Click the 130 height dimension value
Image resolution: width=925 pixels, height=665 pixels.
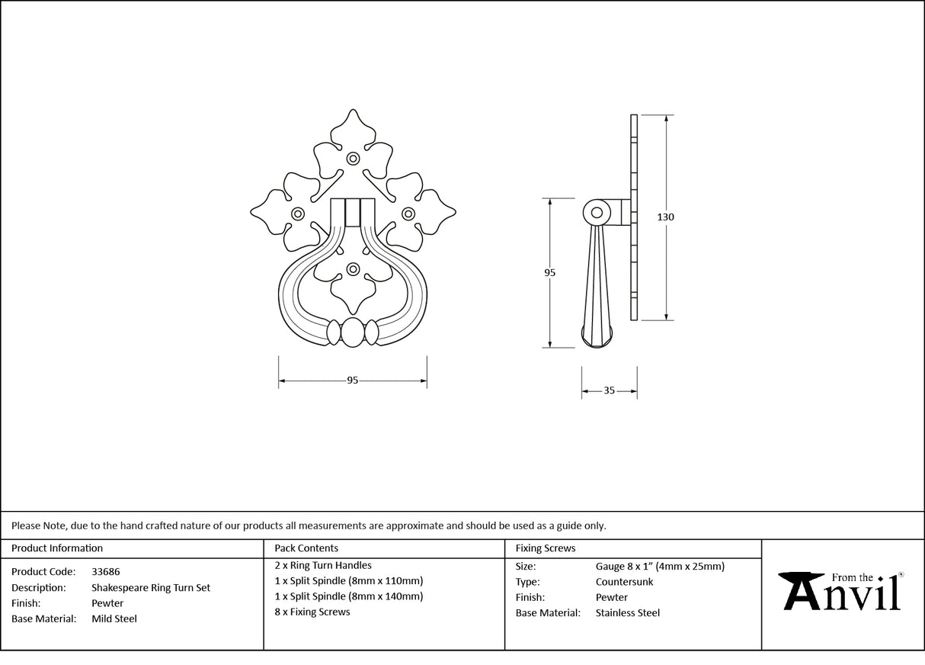tap(665, 217)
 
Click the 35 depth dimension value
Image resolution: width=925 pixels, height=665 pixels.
tap(609, 390)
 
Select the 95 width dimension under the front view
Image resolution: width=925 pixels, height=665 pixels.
tap(352, 381)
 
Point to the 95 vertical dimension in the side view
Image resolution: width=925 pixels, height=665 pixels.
tap(550, 272)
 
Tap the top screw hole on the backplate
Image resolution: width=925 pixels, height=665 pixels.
tap(353, 159)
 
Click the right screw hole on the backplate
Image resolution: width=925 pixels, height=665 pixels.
tap(408, 214)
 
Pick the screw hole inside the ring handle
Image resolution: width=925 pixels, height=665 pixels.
tap(353, 269)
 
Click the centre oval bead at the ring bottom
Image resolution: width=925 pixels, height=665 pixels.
tap(353, 333)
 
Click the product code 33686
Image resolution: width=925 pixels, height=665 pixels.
tap(105, 571)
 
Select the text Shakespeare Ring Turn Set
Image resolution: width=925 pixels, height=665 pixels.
tap(151, 588)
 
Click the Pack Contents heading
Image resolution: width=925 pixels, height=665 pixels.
tap(306, 548)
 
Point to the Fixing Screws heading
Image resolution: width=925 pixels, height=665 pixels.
tap(546, 548)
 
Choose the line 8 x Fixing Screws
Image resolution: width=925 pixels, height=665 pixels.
tap(312, 612)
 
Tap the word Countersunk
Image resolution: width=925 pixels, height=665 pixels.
tap(624, 582)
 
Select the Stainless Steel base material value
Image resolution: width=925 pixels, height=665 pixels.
tap(628, 612)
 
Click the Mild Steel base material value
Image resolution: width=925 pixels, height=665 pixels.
tap(114, 618)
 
